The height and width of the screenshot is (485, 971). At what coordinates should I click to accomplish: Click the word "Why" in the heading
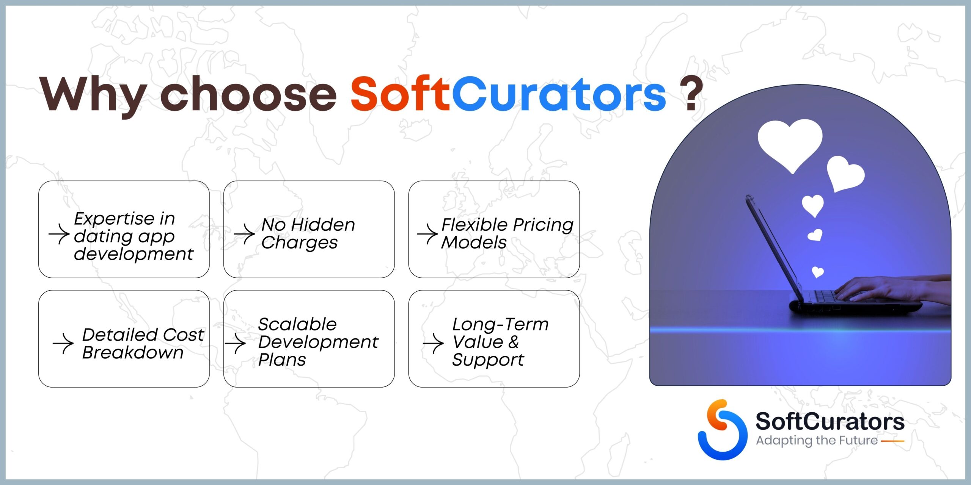[x=93, y=95]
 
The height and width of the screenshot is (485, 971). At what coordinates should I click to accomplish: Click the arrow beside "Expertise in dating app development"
[x=59, y=234]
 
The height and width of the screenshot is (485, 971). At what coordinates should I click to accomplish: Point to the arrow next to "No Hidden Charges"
[x=244, y=234]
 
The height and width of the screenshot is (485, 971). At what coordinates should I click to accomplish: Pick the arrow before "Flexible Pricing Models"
[x=427, y=234]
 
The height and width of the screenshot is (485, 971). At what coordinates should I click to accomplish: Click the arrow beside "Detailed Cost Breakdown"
[x=63, y=344]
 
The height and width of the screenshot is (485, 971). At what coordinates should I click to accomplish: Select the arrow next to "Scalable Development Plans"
[x=235, y=344]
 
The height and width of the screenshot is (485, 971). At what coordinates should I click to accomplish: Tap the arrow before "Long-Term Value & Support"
[x=433, y=344]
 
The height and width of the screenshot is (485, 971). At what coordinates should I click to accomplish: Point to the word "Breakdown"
[x=133, y=352]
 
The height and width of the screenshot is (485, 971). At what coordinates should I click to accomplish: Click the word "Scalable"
[x=297, y=324]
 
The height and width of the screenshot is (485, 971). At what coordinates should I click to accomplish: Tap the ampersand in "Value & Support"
[x=513, y=342]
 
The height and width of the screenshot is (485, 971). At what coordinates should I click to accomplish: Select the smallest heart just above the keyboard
[x=817, y=272]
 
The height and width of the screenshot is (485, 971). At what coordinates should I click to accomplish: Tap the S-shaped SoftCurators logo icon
[x=722, y=430]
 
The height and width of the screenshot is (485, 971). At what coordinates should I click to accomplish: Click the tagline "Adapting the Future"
[x=817, y=441]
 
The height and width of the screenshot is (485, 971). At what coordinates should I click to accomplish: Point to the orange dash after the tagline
[x=892, y=441]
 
